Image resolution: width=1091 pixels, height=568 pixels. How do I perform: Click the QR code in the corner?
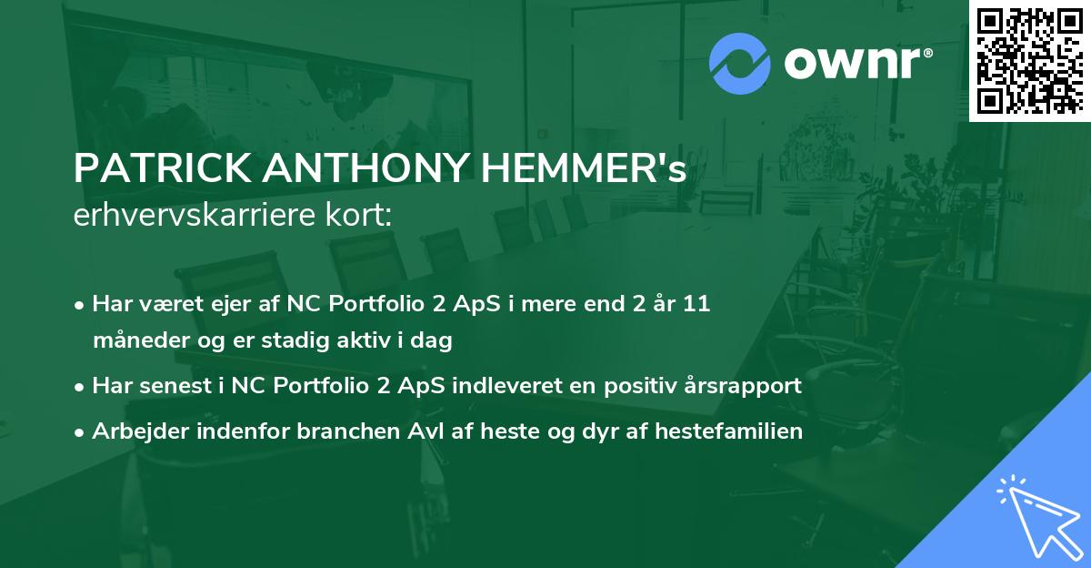point(1028,60)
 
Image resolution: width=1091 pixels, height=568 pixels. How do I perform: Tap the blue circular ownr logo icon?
point(740,64)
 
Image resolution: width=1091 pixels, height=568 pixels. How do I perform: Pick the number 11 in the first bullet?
point(696,304)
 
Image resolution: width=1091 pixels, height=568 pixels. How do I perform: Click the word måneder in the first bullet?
point(133,341)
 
